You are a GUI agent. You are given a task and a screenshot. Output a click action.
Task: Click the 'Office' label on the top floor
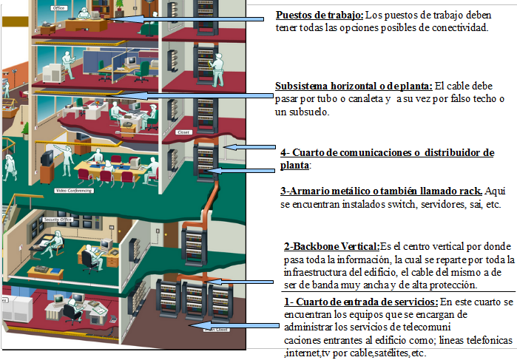point(58,7)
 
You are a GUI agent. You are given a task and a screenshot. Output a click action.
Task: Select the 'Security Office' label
point(55,220)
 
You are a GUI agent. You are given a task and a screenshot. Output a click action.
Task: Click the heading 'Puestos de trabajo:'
point(319,16)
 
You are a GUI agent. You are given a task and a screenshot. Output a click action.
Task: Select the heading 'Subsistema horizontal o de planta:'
point(354,85)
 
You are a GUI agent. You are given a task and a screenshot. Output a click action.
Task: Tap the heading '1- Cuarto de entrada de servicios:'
point(361,302)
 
